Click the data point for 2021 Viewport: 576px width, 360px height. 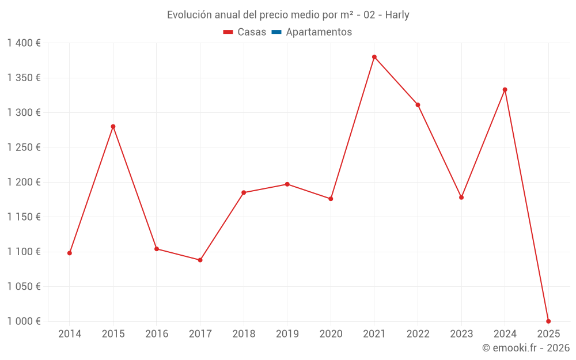coord(374,57)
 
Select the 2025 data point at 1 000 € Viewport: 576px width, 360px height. coord(548,321)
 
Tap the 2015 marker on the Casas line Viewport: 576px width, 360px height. coord(113,126)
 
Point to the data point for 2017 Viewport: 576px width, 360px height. coord(200,260)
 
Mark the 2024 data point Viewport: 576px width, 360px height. coord(505,90)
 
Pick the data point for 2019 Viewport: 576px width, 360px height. coord(287,184)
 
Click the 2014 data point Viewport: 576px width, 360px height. coord(70,253)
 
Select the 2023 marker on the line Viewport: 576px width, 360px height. coord(461,198)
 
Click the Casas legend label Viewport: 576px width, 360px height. coord(252,32)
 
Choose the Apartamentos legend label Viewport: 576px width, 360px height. coord(319,32)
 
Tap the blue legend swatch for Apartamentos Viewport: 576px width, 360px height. coord(276,32)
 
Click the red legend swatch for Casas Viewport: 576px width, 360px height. coord(228,32)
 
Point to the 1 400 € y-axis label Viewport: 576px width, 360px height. coord(24,43)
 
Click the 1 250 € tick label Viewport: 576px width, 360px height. coord(24,147)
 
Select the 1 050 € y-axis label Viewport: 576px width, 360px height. coord(24,286)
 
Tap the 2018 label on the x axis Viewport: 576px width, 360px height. coord(244,334)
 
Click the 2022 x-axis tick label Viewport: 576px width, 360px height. coord(418,334)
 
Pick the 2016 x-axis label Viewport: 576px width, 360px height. coord(157,334)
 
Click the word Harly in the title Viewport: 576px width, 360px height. coord(397,15)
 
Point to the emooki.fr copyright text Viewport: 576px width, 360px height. coord(526,348)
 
